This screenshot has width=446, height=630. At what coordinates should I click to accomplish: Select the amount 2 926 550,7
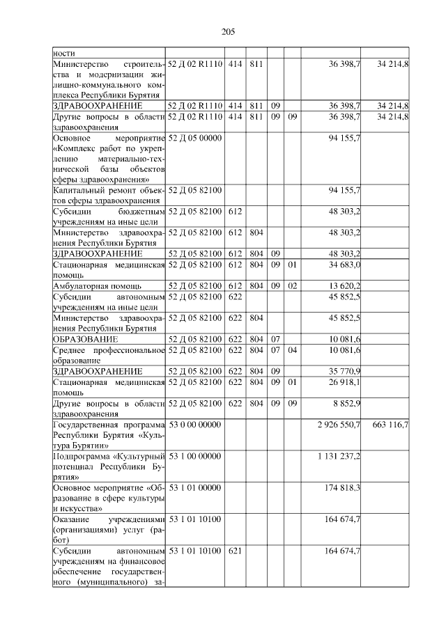click(x=337, y=424)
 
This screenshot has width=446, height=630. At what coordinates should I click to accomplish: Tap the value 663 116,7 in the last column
click(x=391, y=424)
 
